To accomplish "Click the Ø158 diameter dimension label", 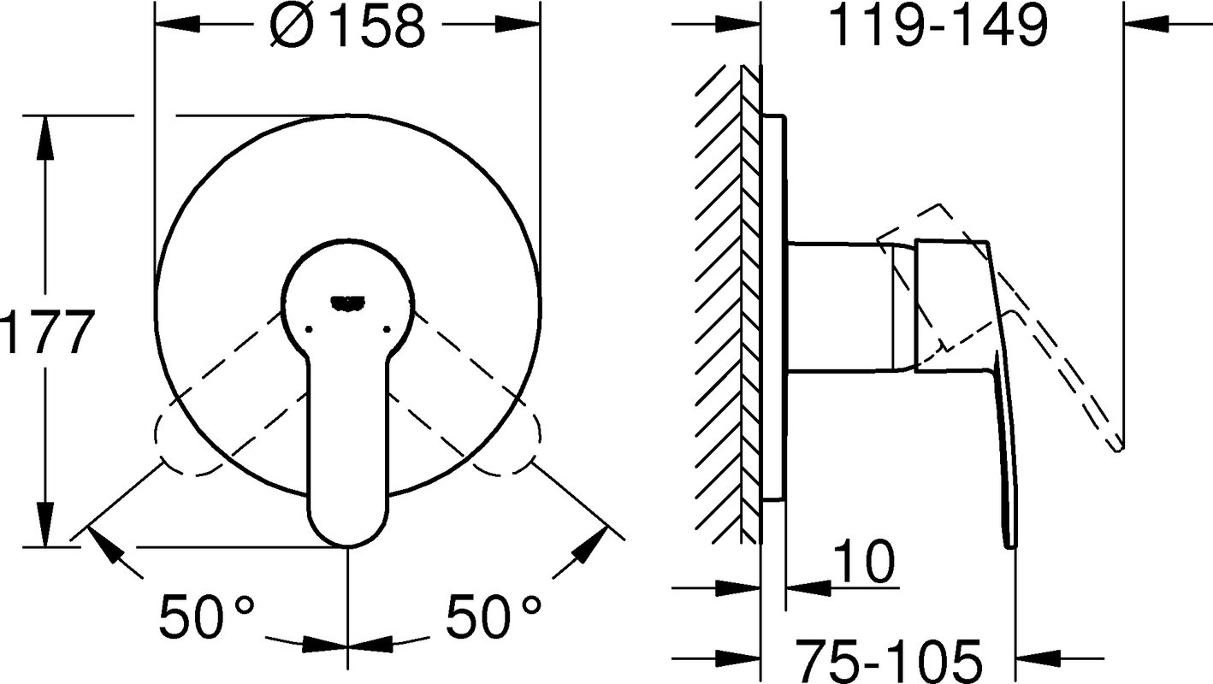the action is pyautogui.click(x=347, y=26).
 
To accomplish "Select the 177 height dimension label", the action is pyautogui.click(x=48, y=331).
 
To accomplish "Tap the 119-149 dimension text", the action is pyautogui.click(x=938, y=26).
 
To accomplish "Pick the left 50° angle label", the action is pyautogui.click(x=206, y=616).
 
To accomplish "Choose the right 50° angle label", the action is pyautogui.click(x=494, y=616).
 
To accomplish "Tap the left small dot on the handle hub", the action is pyautogui.click(x=309, y=328).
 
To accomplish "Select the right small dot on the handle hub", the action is pyautogui.click(x=388, y=328).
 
